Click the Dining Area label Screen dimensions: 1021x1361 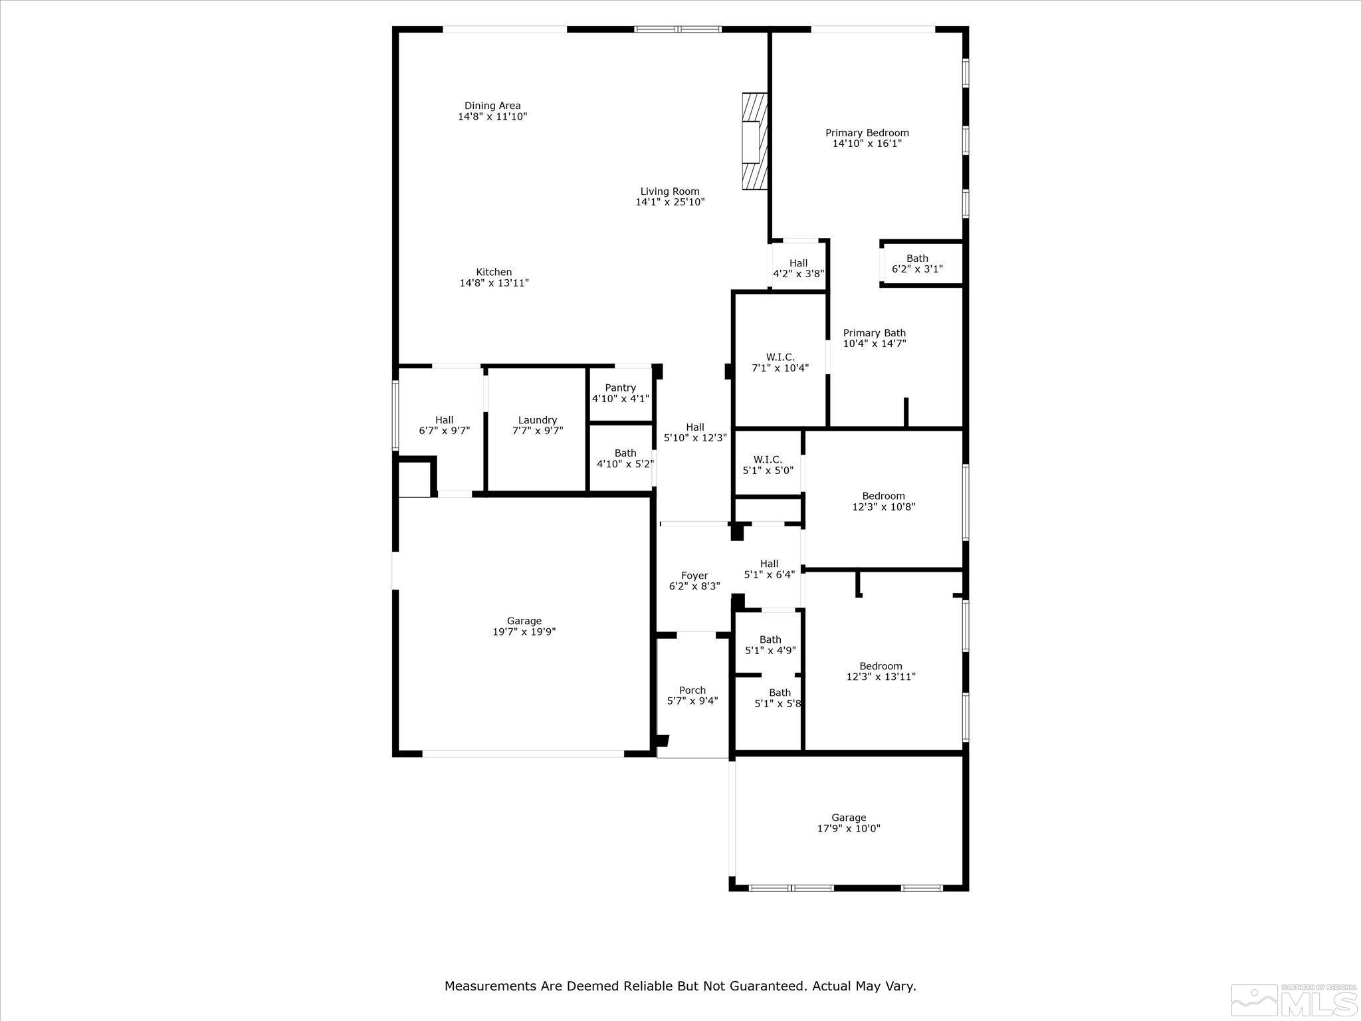[492, 106]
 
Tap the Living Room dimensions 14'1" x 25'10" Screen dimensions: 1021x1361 [670, 202]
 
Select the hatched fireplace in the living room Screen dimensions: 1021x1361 [754, 142]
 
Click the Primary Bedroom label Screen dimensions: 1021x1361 [867, 133]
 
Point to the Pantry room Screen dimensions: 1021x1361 [620, 393]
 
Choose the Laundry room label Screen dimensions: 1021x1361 [537, 420]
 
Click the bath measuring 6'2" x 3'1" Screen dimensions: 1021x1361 [917, 264]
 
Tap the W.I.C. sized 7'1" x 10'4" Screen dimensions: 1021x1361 [780, 362]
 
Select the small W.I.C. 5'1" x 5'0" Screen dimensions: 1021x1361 [768, 465]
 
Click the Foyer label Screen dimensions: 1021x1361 [694, 576]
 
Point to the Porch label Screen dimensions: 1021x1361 [692, 690]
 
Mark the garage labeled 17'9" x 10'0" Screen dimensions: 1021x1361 [849, 823]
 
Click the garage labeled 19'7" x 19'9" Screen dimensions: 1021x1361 [524, 626]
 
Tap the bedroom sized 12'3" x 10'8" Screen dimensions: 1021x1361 [883, 501]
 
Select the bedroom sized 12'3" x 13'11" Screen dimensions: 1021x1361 [881, 671]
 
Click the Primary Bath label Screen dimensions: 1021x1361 [874, 333]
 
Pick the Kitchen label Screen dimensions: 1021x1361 [494, 272]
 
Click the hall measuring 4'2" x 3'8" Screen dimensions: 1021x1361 [798, 268]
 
